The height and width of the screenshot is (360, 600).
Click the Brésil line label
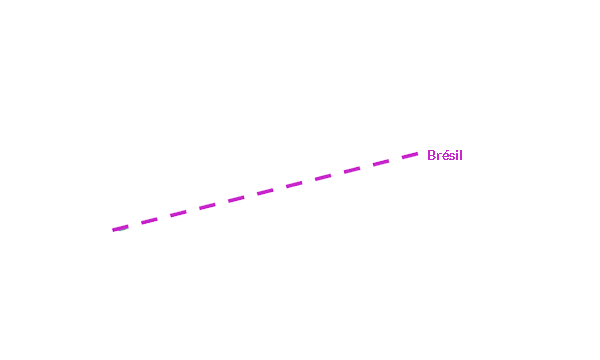(445, 155)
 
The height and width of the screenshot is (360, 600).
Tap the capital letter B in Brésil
(432, 155)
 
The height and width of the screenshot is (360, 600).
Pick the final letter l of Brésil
(461, 155)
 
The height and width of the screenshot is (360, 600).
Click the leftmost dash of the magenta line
(120, 228)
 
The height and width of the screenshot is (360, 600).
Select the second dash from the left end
(149, 221)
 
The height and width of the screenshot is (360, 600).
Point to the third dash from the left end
(178, 213)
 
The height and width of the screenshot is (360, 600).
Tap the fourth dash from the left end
(207, 206)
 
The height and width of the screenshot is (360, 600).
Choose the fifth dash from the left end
(236, 199)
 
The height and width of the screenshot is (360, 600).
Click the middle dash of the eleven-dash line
(265, 191)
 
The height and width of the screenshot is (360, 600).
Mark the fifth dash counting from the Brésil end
(294, 184)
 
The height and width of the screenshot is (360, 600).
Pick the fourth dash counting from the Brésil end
(323, 177)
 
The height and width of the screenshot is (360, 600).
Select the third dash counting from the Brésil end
(352, 169)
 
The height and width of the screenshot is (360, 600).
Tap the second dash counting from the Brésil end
(381, 162)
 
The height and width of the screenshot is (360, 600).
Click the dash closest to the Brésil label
(410, 155)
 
